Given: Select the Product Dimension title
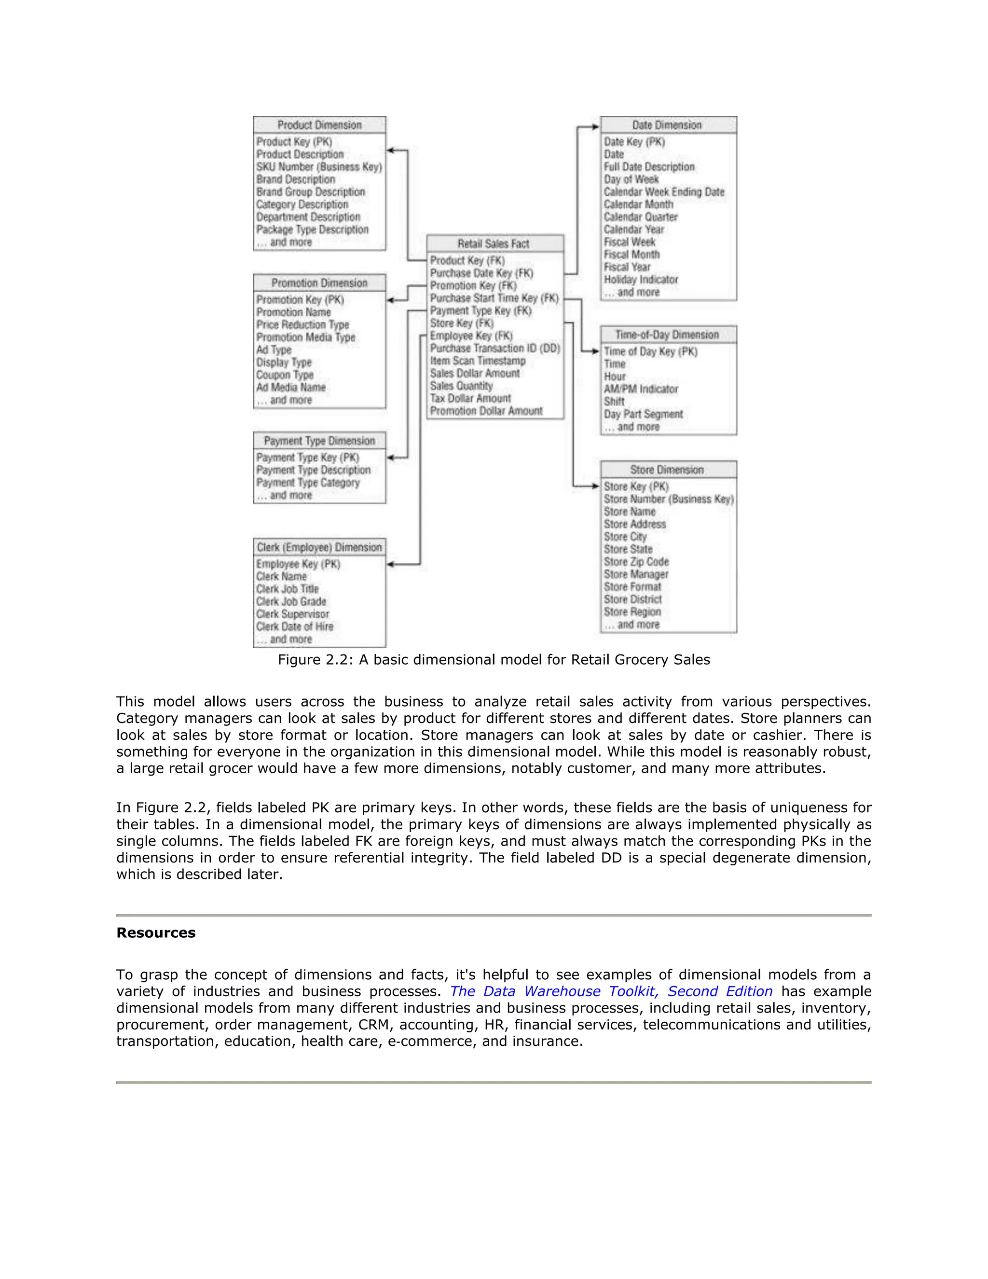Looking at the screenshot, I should click(x=319, y=125).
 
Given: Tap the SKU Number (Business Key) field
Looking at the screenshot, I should click(x=319, y=167).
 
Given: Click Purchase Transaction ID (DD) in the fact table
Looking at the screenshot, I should click(x=494, y=348).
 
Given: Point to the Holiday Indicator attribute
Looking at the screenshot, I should click(x=641, y=279).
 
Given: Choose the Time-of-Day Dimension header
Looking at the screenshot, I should click(x=667, y=334).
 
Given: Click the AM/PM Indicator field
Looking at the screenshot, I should click(x=641, y=389).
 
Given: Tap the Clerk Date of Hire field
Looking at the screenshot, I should click(x=294, y=626).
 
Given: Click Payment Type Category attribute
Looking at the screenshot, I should click(x=308, y=483).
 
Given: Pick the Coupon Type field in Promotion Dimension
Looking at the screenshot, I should click(x=285, y=375).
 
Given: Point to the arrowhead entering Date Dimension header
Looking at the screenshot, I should click(x=595, y=126).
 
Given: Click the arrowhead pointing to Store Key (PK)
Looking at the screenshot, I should click(x=595, y=486).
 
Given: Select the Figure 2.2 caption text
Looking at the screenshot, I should click(x=494, y=659).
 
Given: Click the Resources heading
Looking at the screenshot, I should click(x=156, y=932).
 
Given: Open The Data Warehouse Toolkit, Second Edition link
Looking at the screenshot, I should click(x=611, y=991).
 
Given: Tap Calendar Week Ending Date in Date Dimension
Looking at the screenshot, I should click(x=664, y=192).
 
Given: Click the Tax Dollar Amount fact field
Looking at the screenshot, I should click(x=470, y=398).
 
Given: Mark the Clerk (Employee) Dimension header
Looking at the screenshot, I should click(x=319, y=547).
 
